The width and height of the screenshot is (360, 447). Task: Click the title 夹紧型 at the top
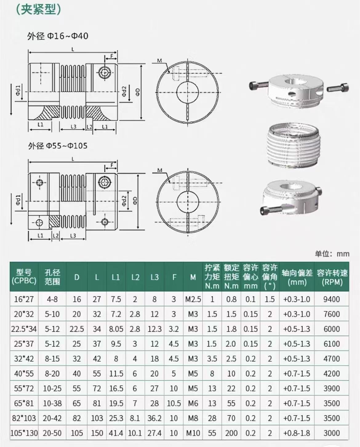click(x=38, y=9)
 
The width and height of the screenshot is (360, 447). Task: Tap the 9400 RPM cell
click(x=332, y=299)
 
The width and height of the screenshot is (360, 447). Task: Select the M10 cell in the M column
click(x=193, y=433)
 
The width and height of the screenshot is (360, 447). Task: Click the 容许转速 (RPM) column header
click(x=332, y=277)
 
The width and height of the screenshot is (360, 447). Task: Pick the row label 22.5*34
click(x=24, y=329)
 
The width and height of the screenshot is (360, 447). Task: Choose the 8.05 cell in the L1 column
click(x=116, y=329)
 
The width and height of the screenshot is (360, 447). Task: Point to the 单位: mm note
click(x=332, y=254)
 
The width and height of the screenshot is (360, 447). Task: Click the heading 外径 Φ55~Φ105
click(x=58, y=146)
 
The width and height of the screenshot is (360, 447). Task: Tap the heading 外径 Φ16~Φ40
click(x=58, y=36)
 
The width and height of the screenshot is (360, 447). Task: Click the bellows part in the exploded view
click(x=293, y=146)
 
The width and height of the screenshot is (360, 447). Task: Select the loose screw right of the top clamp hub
click(x=338, y=87)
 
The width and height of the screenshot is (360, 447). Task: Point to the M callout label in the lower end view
click(x=160, y=170)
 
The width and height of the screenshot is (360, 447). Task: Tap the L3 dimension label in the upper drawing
click(x=74, y=126)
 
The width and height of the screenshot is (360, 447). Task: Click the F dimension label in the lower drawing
click(x=112, y=165)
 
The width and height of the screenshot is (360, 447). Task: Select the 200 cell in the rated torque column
click(x=231, y=433)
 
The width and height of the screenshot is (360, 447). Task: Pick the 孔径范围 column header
click(x=52, y=277)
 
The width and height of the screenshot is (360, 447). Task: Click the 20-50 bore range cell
click(x=52, y=433)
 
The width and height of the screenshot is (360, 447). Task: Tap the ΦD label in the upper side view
click(x=138, y=92)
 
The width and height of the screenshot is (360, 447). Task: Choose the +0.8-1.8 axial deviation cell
click(x=297, y=433)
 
